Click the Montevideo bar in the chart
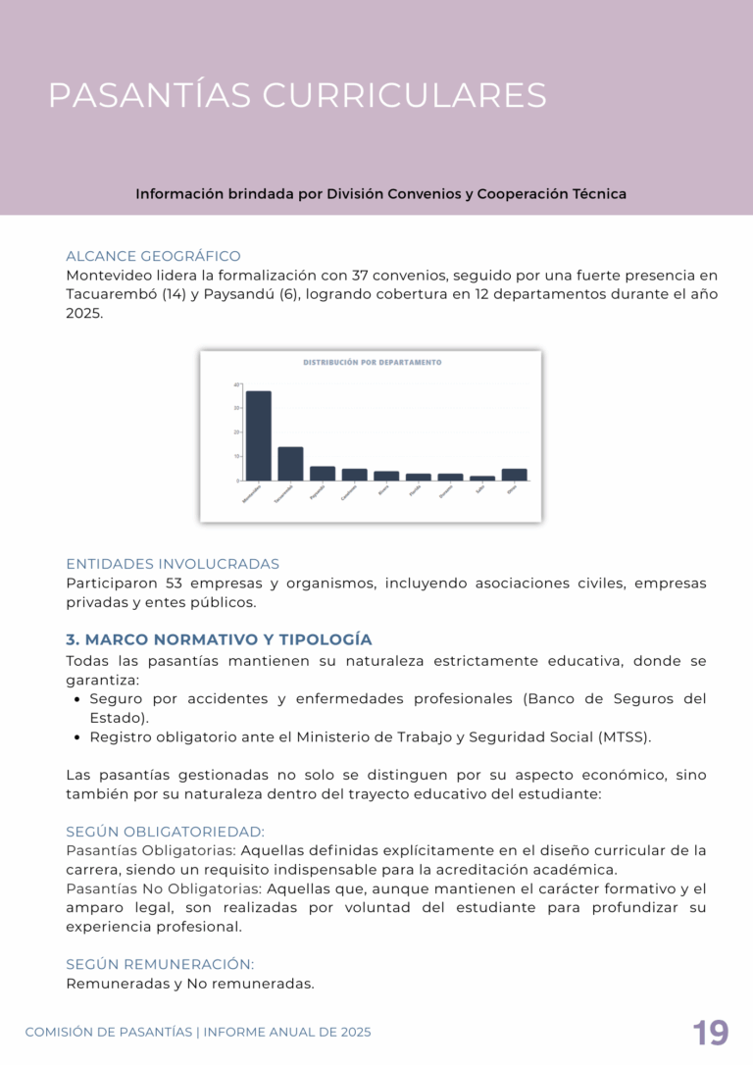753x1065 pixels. (259, 435)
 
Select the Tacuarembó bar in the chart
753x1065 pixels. (290, 464)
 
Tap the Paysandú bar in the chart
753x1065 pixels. (323, 474)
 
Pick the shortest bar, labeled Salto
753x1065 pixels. (482, 479)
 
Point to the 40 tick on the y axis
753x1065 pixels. (237, 384)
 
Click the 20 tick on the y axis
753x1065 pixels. (237, 432)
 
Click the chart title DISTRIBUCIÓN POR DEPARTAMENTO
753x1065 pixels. (373, 362)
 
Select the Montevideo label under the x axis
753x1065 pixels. (251, 494)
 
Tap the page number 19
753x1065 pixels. (711, 1034)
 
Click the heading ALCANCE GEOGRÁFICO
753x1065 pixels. (153, 256)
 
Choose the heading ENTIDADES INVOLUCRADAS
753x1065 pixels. (173, 564)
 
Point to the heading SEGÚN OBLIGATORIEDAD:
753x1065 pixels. (165, 832)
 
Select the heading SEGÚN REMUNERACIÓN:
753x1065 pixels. (160, 964)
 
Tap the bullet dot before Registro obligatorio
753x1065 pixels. (76, 737)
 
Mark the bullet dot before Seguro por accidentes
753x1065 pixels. (76, 699)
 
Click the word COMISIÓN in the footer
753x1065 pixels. (60, 1032)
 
